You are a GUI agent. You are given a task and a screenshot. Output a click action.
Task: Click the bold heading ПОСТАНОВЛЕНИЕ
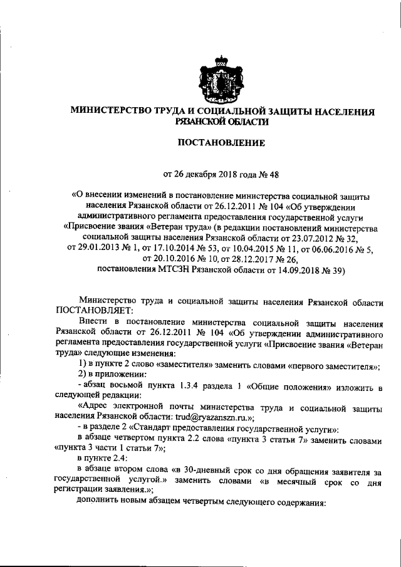pyautogui.click(x=222, y=143)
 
